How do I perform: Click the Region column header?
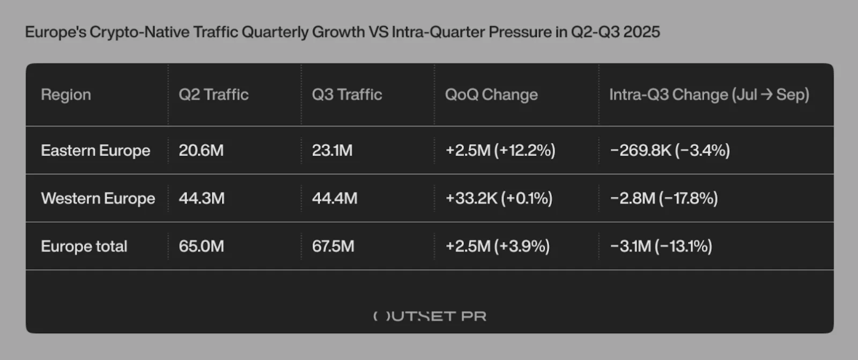coord(66,95)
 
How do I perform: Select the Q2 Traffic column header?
coord(213,95)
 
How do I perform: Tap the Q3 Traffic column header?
coord(347,95)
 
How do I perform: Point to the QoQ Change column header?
coord(491,95)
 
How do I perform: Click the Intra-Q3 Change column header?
coord(709,95)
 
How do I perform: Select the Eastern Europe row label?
coord(95,151)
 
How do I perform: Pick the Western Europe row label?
coord(98,199)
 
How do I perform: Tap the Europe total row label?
coord(84,246)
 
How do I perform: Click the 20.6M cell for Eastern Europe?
coord(201,151)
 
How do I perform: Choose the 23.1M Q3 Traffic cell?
coord(332,151)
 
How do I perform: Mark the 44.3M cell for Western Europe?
coord(202,199)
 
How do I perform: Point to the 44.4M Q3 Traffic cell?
coord(335,199)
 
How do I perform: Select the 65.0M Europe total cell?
coord(201,246)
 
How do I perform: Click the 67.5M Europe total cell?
coord(333,246)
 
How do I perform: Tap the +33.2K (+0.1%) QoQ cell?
coord(499,199)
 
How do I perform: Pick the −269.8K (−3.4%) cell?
coord(670,151)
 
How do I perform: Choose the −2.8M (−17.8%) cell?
coord(664,199)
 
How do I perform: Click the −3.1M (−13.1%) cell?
coord(661,246)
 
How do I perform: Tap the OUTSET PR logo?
coord(430,316)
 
